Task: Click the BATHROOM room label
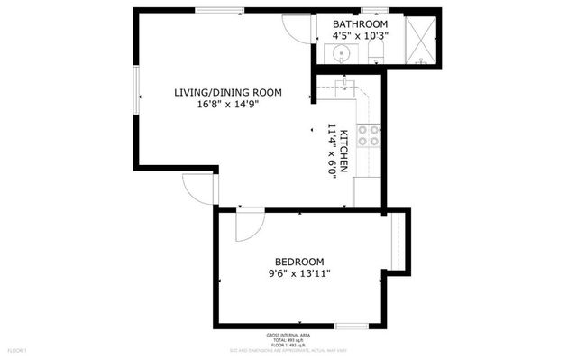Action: pos(360,24)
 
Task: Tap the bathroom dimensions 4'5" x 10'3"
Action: pos(360,36)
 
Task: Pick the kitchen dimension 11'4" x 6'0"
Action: pos(332,152)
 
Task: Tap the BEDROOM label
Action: pos(298,263)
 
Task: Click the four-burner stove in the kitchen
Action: pos(368,135)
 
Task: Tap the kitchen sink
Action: pos(343,88)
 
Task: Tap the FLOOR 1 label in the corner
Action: pos(18,350)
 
